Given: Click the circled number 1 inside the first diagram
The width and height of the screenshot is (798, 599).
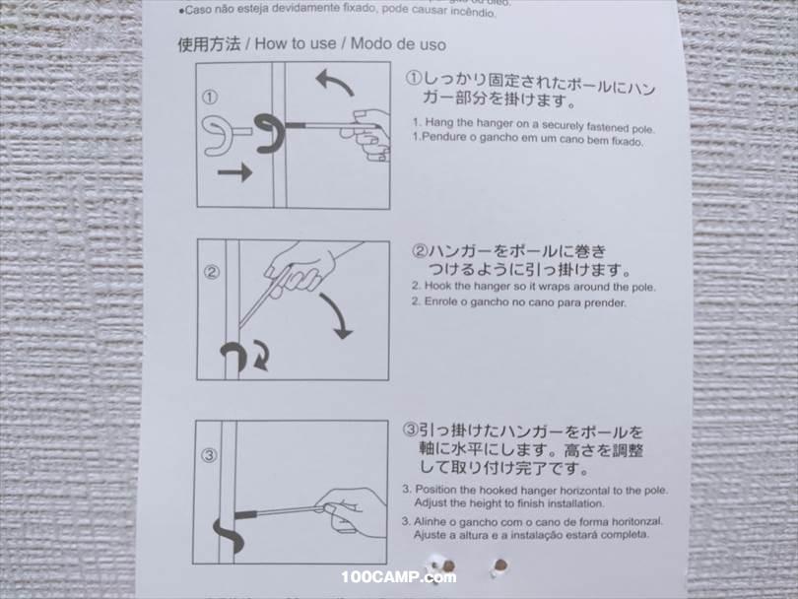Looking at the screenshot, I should pyautogui.click(x=209, y=97).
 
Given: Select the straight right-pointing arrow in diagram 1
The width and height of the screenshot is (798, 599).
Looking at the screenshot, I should pyautogui.click(x=233, y=172).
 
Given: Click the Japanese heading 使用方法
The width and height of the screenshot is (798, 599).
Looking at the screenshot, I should pyautogui.click(x=208, y=44).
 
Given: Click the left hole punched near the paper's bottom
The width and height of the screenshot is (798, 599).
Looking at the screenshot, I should pyautogui.click(x=447, y=566).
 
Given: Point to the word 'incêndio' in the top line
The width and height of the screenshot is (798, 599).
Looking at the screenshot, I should pyautogui.click(x=433, y=11).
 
